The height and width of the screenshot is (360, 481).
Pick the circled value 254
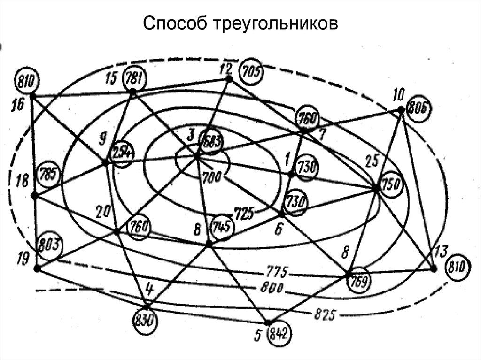[x=122, y=154]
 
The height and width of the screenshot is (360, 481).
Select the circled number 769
[x=360, y=281]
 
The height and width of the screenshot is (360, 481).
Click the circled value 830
[x=144, y=322]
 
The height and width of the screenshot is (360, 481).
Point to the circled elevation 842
[x=279, y=335]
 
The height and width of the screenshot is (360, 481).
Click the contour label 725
[x=244, y=213]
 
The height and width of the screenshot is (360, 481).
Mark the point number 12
[x=225, y=69]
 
